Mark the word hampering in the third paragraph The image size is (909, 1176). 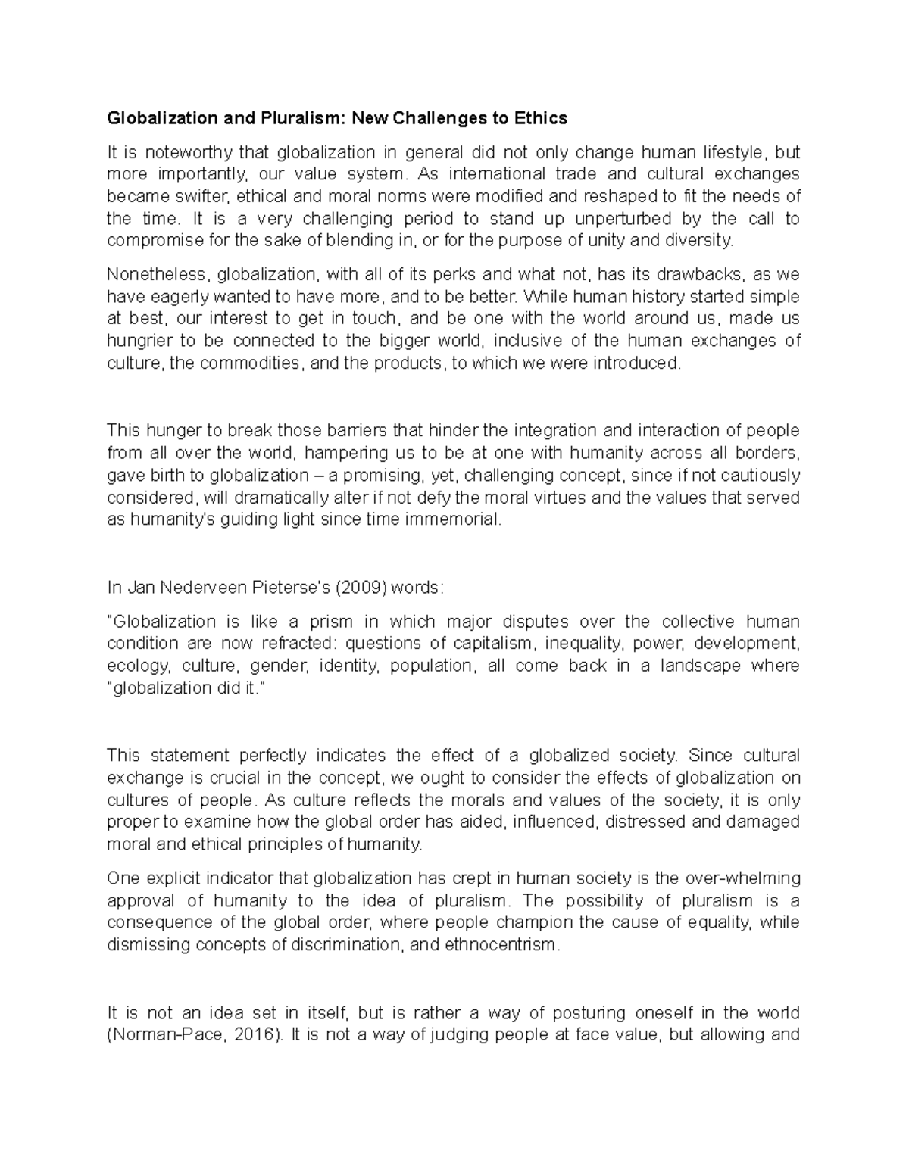pyautogui.click(x=345, y=453)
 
